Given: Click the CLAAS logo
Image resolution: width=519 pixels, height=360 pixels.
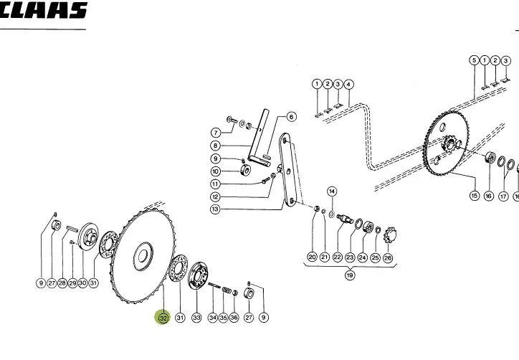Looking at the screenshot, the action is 43,10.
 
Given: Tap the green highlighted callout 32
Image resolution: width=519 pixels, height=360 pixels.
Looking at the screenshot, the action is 163,318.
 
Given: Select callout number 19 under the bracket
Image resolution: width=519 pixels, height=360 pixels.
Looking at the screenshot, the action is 350,275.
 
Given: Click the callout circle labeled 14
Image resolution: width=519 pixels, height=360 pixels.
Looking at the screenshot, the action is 332,191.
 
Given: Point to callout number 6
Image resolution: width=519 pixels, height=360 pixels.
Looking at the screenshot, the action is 291,117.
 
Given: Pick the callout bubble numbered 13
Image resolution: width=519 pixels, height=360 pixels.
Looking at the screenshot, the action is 215,209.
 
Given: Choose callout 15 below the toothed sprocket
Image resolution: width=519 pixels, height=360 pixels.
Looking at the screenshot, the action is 475,195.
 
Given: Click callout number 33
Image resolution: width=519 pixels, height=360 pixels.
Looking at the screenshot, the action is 196,318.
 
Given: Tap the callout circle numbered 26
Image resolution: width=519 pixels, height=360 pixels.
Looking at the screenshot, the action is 388,257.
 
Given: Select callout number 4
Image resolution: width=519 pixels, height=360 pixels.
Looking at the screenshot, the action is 348,85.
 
